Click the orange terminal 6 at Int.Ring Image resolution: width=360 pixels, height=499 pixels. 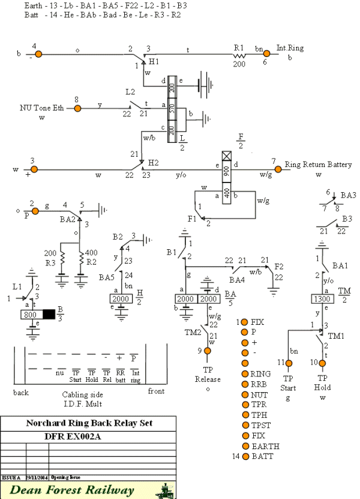point(267,53)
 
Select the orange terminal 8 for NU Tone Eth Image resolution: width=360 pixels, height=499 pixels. point(77,108)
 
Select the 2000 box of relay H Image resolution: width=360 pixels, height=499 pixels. point(122,298)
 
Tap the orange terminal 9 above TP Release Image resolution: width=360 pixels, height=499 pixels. point(208,350)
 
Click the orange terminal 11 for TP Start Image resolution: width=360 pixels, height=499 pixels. point(288,363)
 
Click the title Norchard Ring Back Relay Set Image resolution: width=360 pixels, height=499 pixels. point(88,422)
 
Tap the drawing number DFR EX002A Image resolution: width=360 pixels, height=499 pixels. point(88,436)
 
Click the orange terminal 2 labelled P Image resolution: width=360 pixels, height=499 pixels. point(35,211)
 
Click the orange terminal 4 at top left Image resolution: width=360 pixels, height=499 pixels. point(38,54)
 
